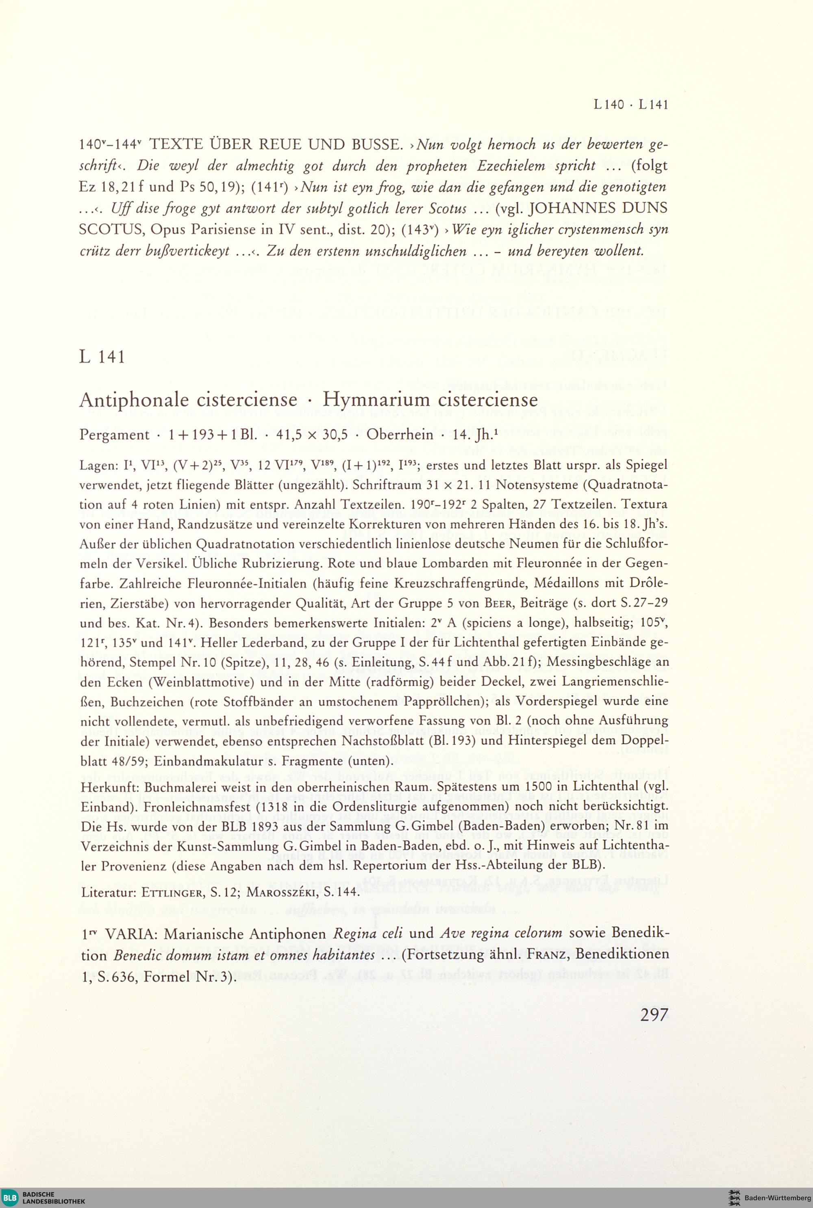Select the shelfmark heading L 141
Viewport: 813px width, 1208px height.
(102, 357)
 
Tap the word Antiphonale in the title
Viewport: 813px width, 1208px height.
(136, 400)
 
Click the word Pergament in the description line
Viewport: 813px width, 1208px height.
(114, 435)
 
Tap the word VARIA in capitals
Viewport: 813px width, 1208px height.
(134, 934)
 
